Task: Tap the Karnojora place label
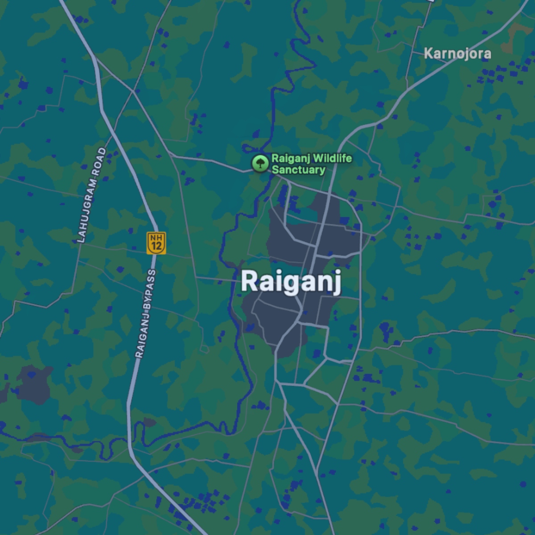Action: [457, 53]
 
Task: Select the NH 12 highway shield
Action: [156, 243]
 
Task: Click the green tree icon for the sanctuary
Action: [259, 163]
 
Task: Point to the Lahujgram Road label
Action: [91, 195]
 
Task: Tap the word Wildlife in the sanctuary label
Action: [332, 158]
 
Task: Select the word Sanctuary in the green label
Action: [298, 170]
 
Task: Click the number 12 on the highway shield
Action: [156, 246]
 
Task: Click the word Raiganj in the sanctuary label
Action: [291, 158]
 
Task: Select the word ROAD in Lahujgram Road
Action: [100, 158]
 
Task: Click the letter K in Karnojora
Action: [428, 53]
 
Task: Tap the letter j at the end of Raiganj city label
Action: [336, 284]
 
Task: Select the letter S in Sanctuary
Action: [275, 170]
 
